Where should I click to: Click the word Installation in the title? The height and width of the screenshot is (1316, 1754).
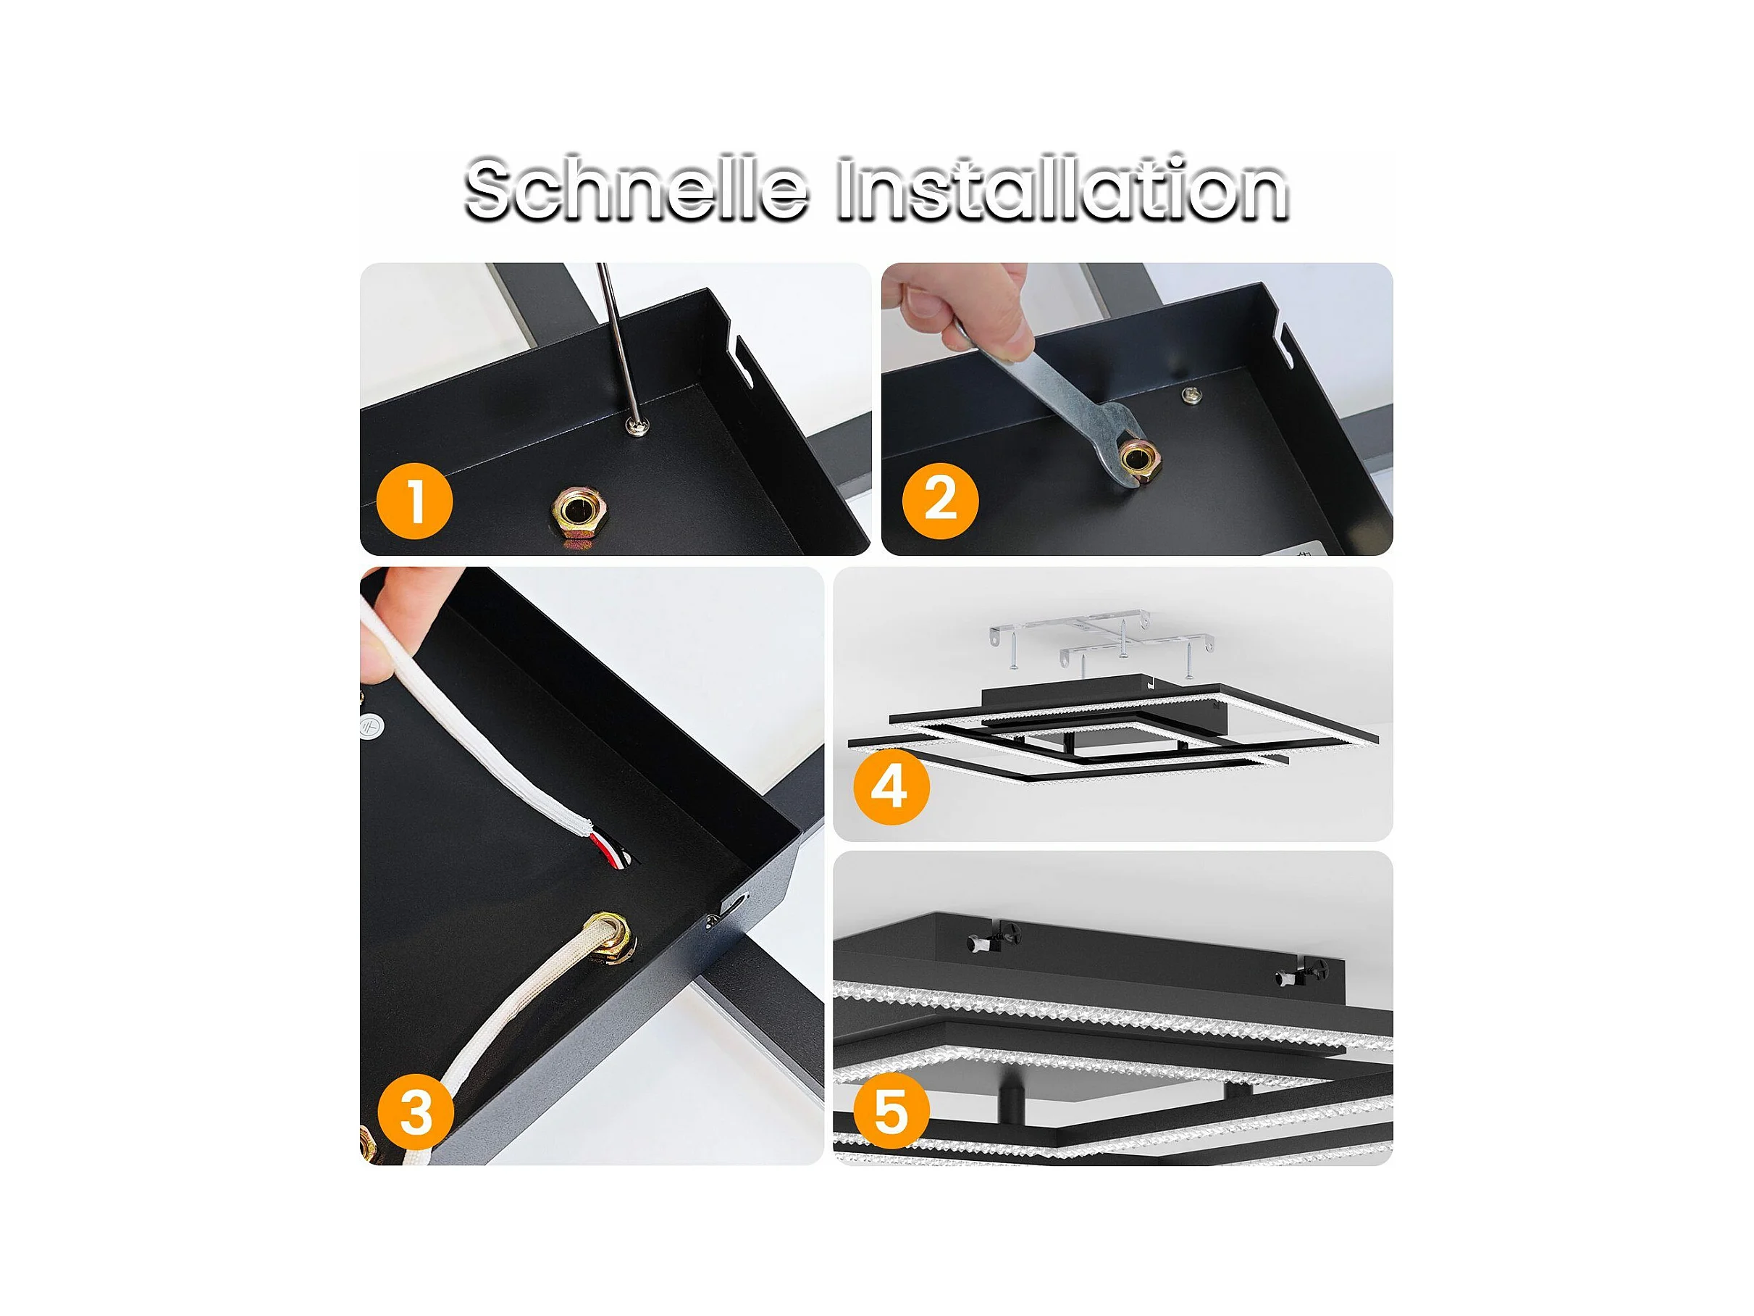(x=1062, y=191)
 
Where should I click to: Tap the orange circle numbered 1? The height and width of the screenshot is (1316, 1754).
(x=414, y=501)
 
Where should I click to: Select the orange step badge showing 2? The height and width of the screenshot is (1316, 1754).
(x=941, y=501)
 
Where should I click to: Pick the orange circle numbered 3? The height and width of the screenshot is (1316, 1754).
(x=416, y=1112)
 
